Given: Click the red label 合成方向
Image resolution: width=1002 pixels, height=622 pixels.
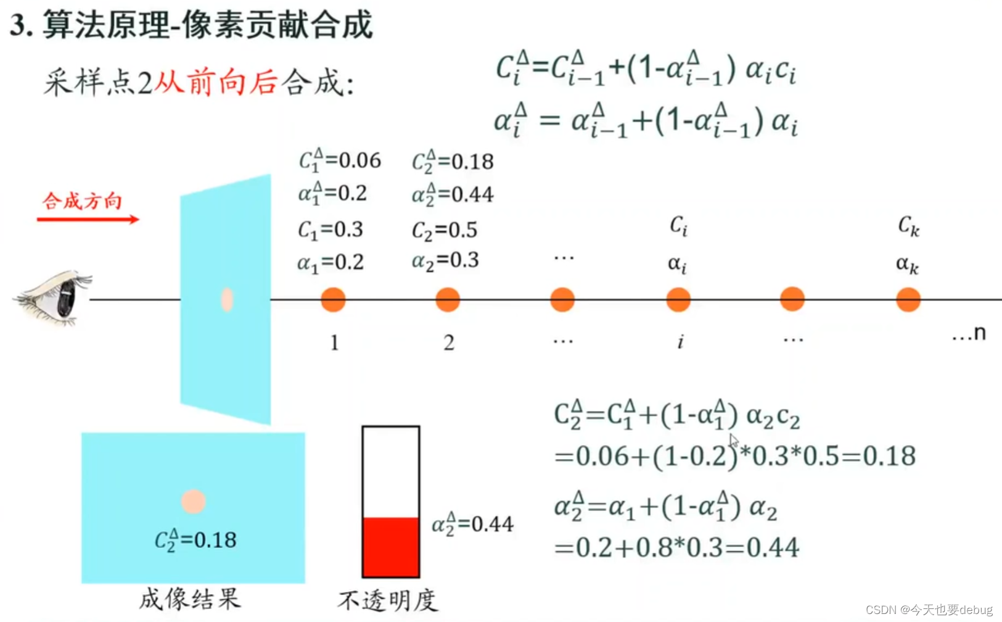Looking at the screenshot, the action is tap(82, 201).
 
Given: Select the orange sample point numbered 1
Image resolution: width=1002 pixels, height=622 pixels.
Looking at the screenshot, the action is tap(333, 300).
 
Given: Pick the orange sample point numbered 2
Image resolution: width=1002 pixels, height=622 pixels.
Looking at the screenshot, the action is tap(448, 300).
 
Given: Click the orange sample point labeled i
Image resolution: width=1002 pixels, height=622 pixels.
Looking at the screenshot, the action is tap(678, 300).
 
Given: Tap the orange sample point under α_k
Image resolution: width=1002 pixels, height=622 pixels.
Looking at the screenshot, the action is tap(908, 300).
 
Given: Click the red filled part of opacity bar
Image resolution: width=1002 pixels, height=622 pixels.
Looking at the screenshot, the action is tap(391, 547).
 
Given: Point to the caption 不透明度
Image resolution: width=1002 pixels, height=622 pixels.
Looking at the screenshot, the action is tap(387, 600).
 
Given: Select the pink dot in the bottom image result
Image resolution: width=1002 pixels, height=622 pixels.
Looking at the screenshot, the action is tap(193, 502).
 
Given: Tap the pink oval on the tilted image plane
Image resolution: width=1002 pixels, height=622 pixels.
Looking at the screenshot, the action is tap(227, 300).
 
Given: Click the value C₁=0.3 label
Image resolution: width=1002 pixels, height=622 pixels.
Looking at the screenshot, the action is tap(331, 230).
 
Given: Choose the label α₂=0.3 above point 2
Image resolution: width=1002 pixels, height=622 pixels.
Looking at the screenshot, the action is tap(445, 260).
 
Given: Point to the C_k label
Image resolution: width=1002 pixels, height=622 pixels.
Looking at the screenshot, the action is tap(908, 226).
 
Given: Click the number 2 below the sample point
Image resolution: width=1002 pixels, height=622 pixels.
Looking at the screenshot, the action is tap(449, 342).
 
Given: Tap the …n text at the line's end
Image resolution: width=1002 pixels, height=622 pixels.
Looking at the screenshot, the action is tap(969, 334).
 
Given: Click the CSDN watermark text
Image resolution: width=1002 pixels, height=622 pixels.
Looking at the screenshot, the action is tap(929, 610).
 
